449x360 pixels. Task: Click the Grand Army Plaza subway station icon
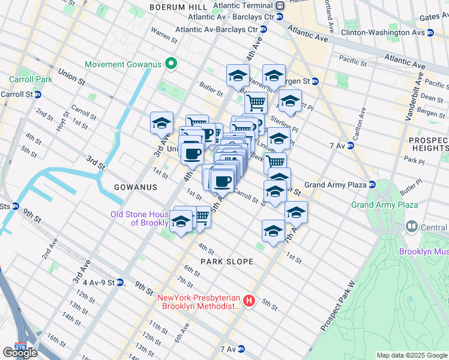[x=372, y=185]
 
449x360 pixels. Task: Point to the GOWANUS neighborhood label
[x=136, y=187]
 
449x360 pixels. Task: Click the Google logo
[x=20, y=353]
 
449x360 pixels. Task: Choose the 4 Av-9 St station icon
[x=120, y=282]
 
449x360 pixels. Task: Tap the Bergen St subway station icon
[x=315, y=81]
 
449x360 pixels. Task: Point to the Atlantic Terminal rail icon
[x=280, y=5]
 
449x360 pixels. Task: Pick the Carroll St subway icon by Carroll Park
[x=38, y=94]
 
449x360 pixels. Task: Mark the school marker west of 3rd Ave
[x=161, y=122]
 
